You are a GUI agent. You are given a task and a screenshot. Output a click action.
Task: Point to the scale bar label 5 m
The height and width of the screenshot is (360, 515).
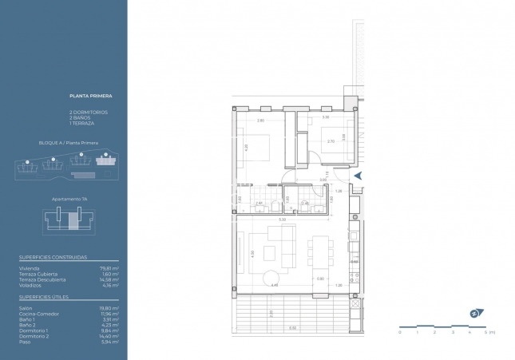tap(491, 332)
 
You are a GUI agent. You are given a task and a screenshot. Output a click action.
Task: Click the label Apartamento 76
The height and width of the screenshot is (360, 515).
tap(68, 198)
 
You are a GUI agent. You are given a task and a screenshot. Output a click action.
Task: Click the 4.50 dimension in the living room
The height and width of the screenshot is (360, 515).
tap(274, 285)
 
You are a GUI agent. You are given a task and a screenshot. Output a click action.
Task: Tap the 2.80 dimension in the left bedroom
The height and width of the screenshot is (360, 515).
tap(261, 120)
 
